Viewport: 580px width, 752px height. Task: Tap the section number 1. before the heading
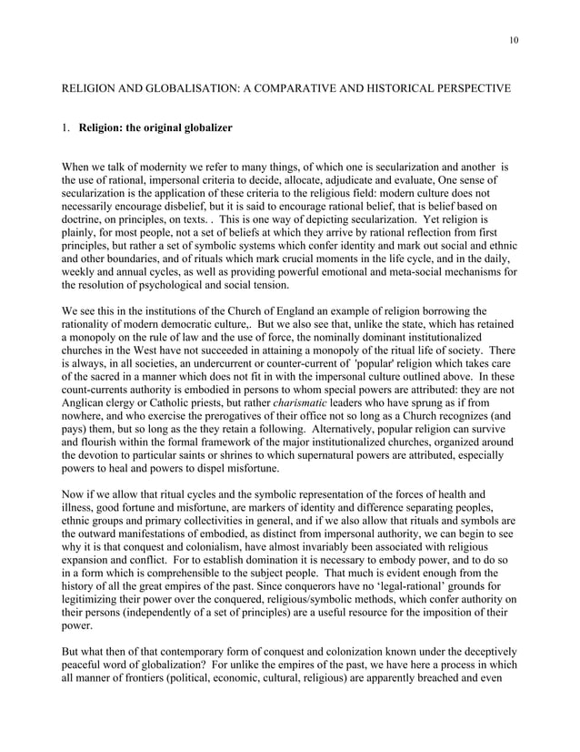click(x=65, y=127)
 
